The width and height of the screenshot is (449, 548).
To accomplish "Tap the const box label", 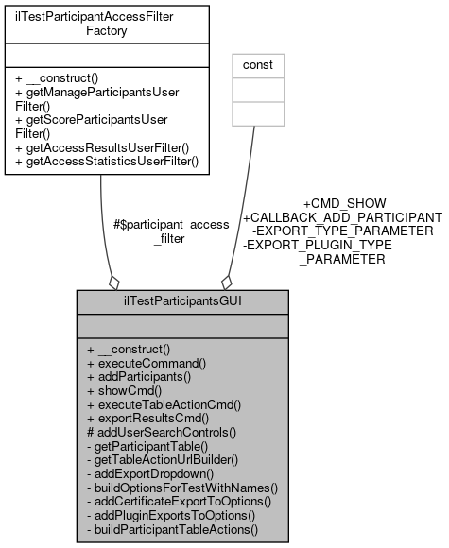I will pyautogui.click(x=258, y=65).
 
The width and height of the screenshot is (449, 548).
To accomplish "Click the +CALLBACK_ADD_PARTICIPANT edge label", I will pyautogui.click(x=342, y=217).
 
